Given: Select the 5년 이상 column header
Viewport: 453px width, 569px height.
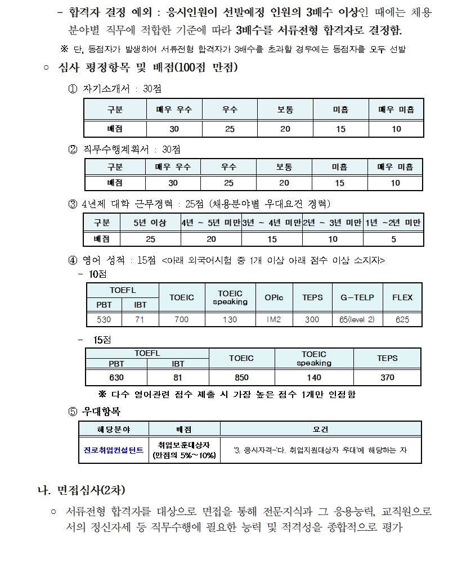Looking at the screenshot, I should [150, 223].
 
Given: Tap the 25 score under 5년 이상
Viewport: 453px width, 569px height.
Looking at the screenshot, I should [150, 239].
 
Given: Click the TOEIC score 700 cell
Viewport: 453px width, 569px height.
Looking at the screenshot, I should [181, 319].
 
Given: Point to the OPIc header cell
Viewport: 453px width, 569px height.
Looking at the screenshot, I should [273, 297].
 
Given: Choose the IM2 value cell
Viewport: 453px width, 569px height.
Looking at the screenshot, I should [273, 319].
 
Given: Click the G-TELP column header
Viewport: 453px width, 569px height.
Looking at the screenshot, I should [357, 297].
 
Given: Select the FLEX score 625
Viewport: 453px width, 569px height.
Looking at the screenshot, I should [402, 319].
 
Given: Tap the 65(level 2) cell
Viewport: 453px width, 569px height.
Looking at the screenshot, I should [357, 319].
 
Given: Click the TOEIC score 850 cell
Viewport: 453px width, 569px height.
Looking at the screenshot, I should [241, 378].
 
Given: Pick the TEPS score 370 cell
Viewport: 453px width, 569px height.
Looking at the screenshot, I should [387, 378].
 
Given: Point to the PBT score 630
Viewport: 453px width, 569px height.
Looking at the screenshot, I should [116, 378].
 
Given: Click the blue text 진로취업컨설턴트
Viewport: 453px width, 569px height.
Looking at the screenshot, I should [114, 451].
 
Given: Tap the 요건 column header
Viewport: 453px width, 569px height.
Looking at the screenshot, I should [320, 430].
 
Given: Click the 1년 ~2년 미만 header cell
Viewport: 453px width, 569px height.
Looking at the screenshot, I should [393, 223].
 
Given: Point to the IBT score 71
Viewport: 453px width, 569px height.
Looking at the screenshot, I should [141, 319].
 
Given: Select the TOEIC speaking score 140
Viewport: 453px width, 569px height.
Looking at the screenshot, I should [314, 378].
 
